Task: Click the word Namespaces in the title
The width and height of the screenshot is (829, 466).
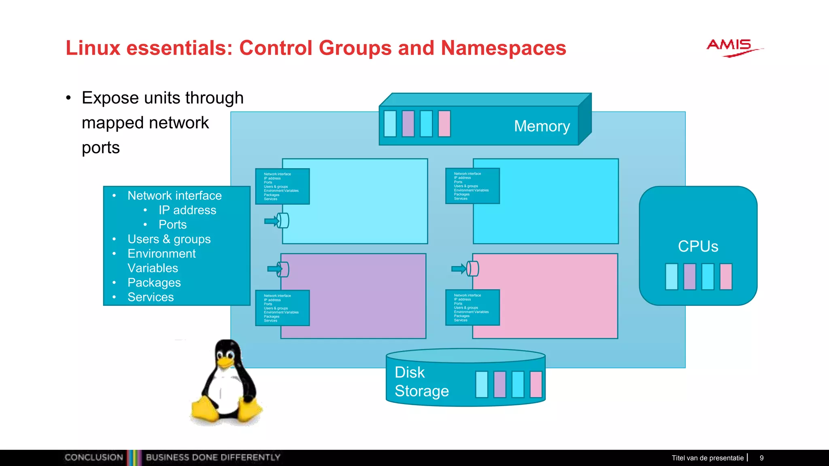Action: (503, 48)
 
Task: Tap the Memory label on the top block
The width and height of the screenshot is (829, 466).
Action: (542, 126)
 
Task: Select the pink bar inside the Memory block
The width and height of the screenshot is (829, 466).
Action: (444, 124)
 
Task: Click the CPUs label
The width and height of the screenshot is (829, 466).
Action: (698, 246)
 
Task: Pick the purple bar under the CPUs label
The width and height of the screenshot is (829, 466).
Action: (689, 277)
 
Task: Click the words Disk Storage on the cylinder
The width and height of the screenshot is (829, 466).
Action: (421, 381)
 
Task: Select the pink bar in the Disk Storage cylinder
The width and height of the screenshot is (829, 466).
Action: (536, 384)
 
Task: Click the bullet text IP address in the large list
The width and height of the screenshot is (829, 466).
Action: (187, 210)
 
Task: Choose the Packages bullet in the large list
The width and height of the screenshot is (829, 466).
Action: (154, 283)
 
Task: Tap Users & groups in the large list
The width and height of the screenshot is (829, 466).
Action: (169, 239)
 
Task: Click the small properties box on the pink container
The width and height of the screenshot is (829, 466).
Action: (472, 307)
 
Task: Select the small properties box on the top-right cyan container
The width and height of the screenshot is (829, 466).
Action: (472, 186)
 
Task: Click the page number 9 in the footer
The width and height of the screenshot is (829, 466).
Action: (761, 458)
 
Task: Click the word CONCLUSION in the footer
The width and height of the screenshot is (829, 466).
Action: (94, 458)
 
